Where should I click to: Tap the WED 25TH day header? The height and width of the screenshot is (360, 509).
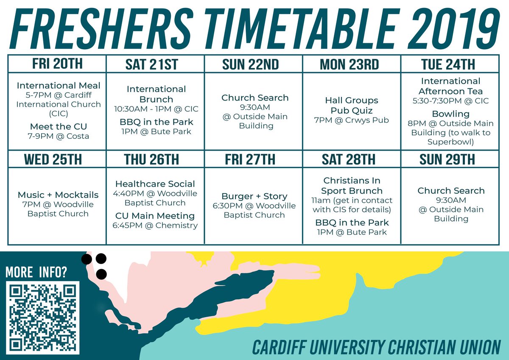pyautogui.click(x=57, y=159)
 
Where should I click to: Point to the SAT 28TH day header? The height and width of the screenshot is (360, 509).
pyautogui.click(x=351, y=159)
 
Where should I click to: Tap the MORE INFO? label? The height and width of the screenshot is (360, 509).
pyautogui.click(x=36, y=272)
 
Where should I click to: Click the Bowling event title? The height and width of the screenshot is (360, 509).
pyautogui.click(x=450, y=114)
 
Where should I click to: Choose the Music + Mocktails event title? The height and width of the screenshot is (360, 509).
pyautogui.click(x=58, y=195)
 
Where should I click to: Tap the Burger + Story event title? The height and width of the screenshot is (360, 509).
pyautogui.click(x=254, y=196)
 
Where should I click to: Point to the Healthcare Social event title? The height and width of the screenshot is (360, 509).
pyautogui.click(x=155, y=184)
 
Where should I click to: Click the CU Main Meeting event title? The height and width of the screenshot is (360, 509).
pyautogui.click(x=155, y=216)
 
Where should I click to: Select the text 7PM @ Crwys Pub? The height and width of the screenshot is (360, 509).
pyautogui.click(x=352, y=120)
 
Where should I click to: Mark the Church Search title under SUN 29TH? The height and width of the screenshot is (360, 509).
pyautogui.click(x=451, y=191)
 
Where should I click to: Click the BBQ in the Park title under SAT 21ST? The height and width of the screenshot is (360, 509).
pyautogui.click(x=156, y=122)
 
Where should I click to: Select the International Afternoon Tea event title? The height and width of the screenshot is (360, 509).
pyautogui.click(x=450, y=86)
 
